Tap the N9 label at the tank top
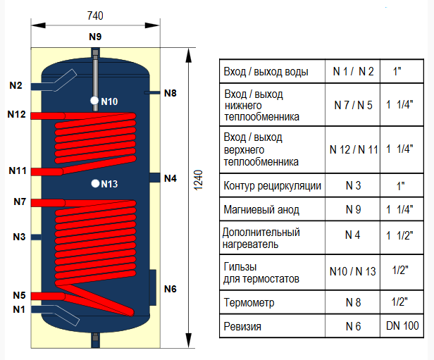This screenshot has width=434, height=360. pos(95,36)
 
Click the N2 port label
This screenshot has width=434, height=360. pos(16,85)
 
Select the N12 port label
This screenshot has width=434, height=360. pos(16,114)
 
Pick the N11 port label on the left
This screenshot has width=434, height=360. pos(18,170)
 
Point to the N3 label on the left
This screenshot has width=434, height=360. pos(19,237)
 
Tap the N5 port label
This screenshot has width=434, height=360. pos(19,295)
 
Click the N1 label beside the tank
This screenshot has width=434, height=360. pos(19,309)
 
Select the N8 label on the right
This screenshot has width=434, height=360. pos(170,92)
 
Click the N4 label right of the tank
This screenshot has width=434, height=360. pos(170,178)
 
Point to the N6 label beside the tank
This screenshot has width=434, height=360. pos(170,289)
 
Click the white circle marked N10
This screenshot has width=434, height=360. pos(94,101)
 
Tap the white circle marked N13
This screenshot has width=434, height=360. pos(94,185)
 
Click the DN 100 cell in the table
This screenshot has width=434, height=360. pos(402,326)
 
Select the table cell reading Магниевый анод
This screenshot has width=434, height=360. pos(260,210)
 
